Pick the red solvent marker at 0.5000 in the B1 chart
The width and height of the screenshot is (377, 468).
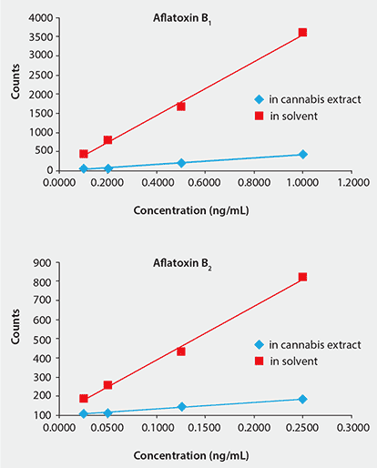[181, 107]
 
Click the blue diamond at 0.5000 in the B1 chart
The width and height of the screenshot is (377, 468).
[181, 163]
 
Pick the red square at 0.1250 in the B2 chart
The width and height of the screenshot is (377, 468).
[181, 351]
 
